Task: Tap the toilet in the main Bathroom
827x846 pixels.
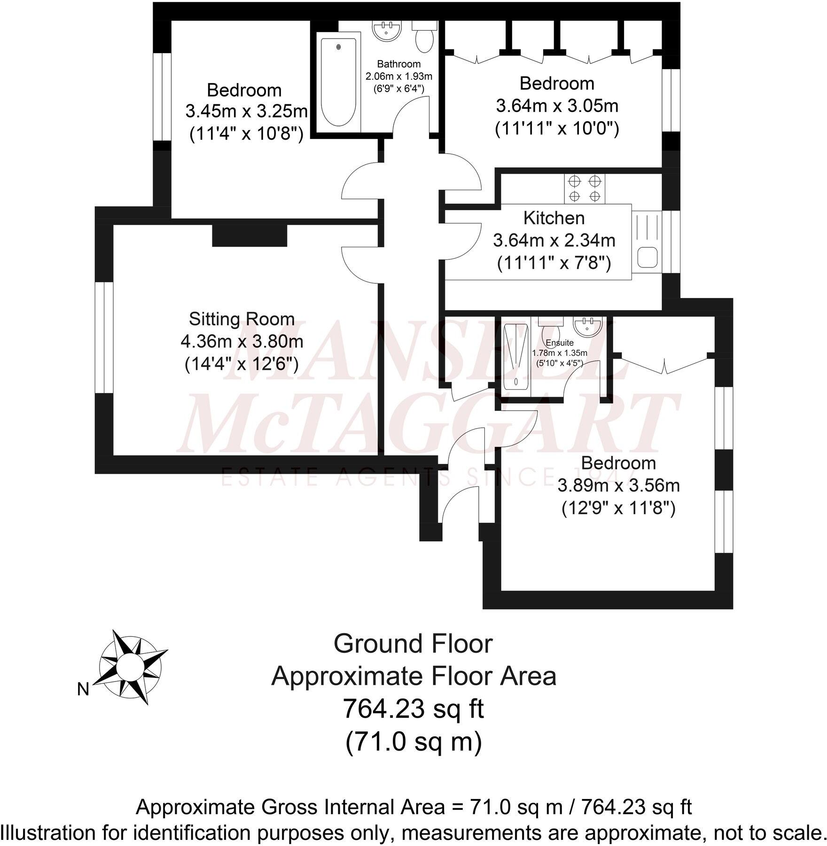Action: (x=425, y=38)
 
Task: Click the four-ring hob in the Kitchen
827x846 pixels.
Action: (x=584, y=188)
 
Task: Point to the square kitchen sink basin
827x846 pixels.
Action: (x=648, y=258)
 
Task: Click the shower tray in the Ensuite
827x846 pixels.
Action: (x=516, y=356)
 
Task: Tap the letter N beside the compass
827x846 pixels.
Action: (x=83, y=689)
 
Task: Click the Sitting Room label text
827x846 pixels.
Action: (x=242, y=319)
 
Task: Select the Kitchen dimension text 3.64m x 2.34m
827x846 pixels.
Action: (x=554, y=241)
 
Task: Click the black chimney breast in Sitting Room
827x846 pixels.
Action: (x=250, y=235)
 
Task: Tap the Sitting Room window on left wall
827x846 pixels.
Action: (x=104, y=337)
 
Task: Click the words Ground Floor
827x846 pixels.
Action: (x=413, y=644)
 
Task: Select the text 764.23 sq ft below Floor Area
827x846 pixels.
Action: (x=413, y=709)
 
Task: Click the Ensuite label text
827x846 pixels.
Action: (x=559, y=343)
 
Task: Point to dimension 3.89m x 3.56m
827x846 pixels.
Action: (x=618, y=486)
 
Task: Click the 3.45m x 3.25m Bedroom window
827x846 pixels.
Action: (x=162, y=96)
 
